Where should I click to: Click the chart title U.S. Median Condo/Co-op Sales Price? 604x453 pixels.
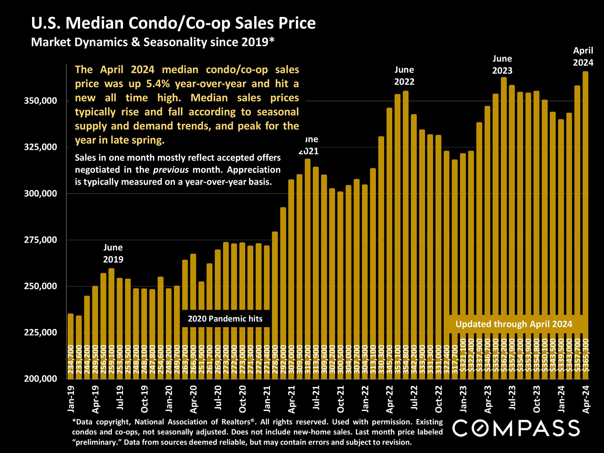(x=173, y=24)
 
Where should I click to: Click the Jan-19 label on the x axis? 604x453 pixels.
(x=71, y=399)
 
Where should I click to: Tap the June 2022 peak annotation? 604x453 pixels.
(x=404, y=76)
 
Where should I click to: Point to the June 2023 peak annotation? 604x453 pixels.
(x=502, y=65)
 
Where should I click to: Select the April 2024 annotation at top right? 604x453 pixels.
(x=583, y=56)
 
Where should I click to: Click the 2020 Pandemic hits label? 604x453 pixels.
(x=225, y=319)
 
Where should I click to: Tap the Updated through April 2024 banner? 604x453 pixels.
(x=514, y=324)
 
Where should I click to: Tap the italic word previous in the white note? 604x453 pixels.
(x=171, y=170)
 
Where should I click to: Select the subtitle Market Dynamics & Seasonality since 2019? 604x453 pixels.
(x=153, y=42)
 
